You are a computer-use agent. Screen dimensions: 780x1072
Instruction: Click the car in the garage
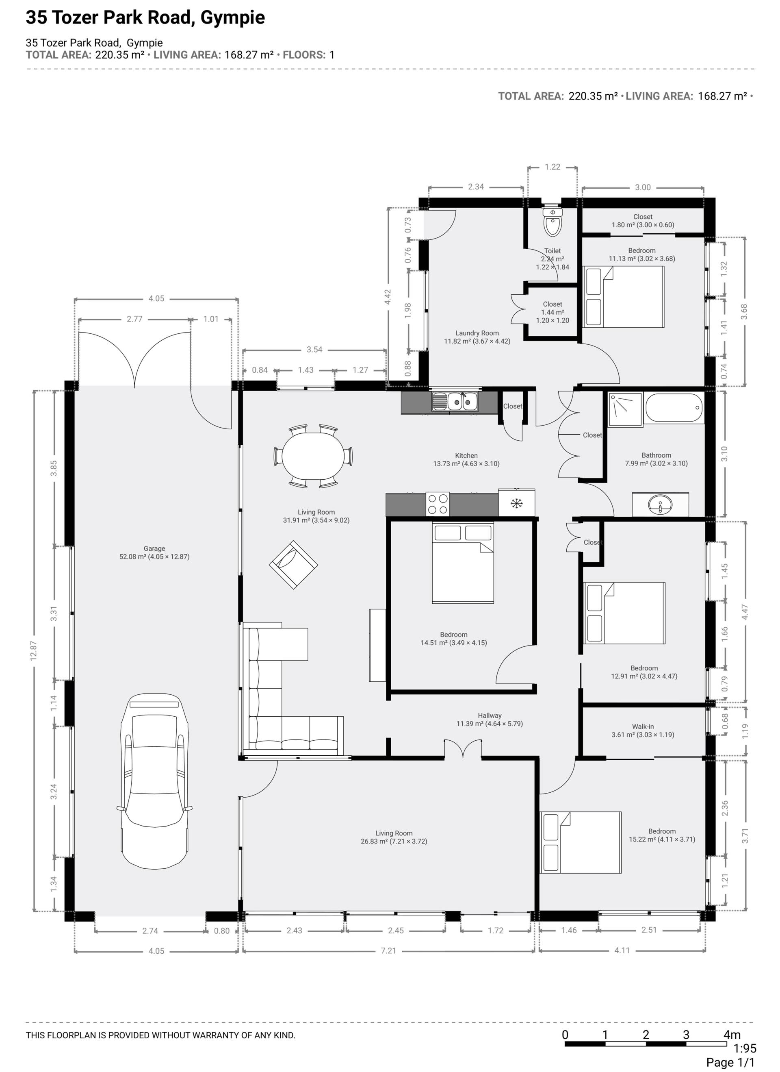click(x=154, y=782)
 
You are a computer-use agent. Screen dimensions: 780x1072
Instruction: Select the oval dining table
click(x=313, y=457)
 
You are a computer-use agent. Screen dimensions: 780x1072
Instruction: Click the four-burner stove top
click(x=438, y=504)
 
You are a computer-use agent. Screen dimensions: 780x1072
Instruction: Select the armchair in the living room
click(x=293, y=565)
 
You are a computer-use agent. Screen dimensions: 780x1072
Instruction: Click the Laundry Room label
click(x=477, y=337)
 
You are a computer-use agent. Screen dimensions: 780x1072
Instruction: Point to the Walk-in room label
click(x=643, y=731)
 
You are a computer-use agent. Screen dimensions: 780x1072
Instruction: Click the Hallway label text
click(x=490, y=715)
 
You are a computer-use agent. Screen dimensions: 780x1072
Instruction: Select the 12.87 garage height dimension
click(x=34, y=651)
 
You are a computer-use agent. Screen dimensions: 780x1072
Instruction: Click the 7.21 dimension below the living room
click(x=388, y=950)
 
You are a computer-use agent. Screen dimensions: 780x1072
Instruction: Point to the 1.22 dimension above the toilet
click(x=552, y=167)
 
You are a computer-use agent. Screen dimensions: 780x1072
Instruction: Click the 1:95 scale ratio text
click(x=745, y=1048)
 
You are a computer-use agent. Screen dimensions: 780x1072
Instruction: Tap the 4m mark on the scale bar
click(x=732, y=1035)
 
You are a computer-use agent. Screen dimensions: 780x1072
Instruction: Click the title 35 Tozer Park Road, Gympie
click(x=145, y=17)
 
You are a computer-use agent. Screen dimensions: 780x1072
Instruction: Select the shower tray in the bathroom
click(x=626, y=409)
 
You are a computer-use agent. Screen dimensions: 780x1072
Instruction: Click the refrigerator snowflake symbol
click(x=517, y=503)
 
